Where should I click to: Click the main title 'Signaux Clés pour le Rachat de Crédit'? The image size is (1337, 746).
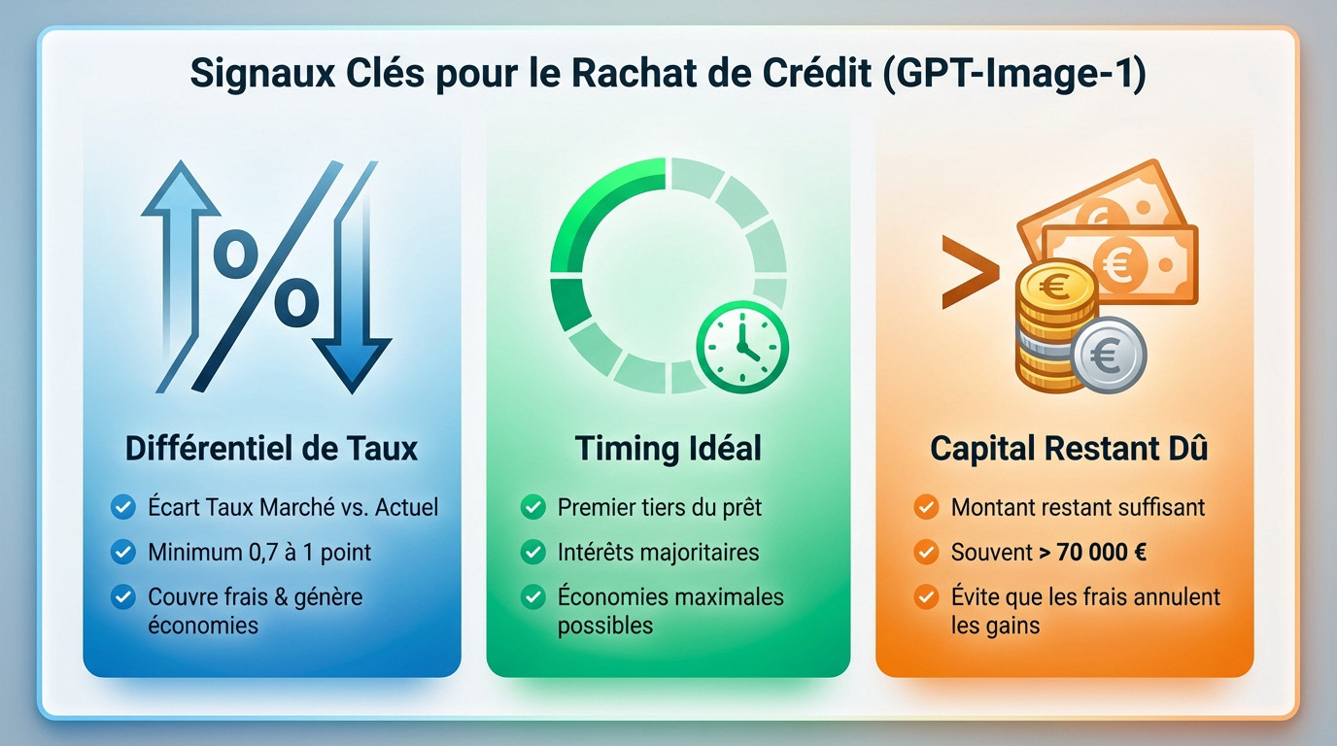534,74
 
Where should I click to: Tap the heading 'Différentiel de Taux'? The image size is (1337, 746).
271,449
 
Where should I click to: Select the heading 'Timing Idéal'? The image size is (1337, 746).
668,449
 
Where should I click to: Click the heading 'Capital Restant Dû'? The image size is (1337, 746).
1069,449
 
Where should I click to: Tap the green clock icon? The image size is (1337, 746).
741,347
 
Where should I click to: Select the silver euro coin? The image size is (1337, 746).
1109,356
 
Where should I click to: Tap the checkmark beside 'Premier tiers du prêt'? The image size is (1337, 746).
532,507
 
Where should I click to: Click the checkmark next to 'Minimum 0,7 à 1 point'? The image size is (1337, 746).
122,552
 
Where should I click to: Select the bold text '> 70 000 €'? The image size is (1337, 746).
1092,552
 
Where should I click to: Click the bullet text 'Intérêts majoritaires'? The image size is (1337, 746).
658,552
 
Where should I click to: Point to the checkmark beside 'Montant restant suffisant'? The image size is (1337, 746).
926,507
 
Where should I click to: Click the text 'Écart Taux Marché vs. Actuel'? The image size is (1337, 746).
292,507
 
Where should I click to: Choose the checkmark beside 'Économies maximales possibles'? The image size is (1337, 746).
532,596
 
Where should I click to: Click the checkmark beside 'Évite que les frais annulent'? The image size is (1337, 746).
926,596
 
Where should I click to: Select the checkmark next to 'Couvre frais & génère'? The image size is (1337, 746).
122,596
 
